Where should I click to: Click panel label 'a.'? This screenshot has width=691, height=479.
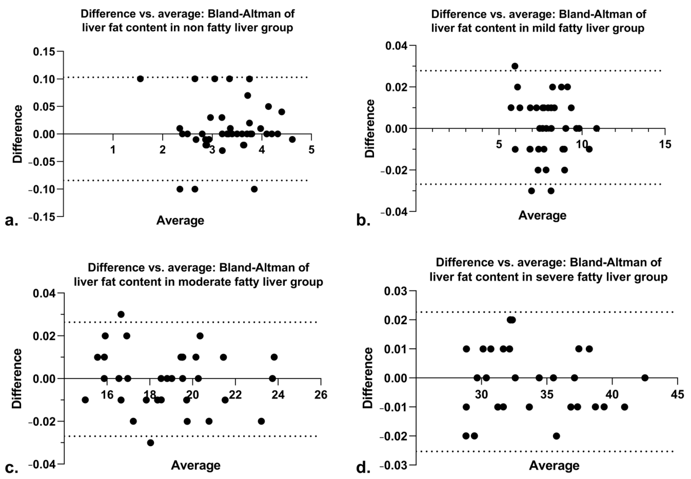coord(11,221)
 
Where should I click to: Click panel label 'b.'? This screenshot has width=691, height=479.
coord(363,221)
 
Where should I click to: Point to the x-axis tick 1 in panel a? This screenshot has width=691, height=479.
coord(113,149)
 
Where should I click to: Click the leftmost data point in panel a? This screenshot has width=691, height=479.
coord(140,79)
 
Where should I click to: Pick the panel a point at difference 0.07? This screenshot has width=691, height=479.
coord(247,95)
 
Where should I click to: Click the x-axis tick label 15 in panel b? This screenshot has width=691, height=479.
coord(665,144)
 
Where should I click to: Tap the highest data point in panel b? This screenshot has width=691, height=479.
coord(515,66)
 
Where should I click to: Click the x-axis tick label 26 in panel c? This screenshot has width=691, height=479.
coord(321,395)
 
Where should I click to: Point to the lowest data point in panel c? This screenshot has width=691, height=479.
coord(151,443)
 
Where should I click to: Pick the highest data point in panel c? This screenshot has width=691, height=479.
coord(121,314)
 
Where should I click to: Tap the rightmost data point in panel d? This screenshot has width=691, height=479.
coord(645,378)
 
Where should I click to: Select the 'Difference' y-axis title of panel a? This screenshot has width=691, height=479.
coord(17,134)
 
